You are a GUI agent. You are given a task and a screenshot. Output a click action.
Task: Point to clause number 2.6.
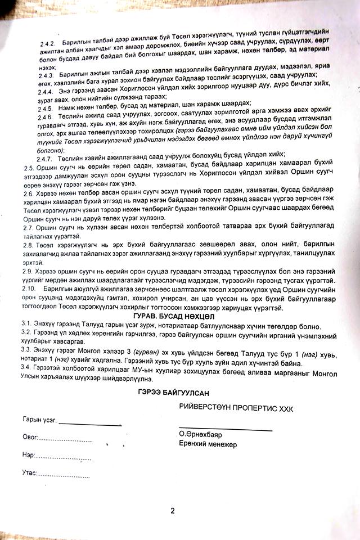pos(29,193)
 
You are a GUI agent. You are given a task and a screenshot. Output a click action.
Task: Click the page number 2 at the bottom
pos(173,511)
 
